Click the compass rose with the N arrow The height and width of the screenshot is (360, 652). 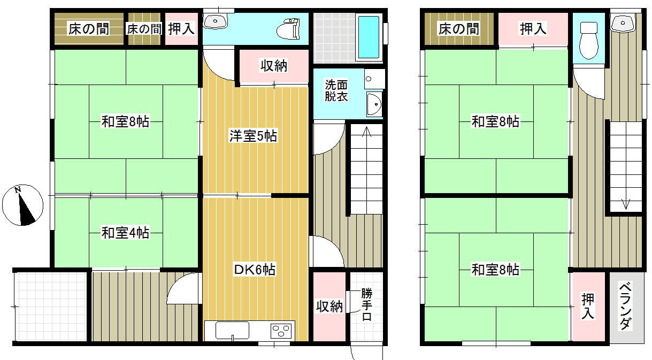pyautogui.click(x=22, y=205)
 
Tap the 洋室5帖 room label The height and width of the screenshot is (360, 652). pyautogui.click(x=253, y=136)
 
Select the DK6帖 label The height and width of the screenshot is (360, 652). pyautogui.click(x=255, y=270)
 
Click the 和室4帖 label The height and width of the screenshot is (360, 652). pyautogui.click(x=125, y=233)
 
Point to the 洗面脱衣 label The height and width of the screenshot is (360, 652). pyautogui.click(x=336, y=90)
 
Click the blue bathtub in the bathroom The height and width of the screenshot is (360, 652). pyautogui.click(x=369, y=37)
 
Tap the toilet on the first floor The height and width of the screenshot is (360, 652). pyautogui.click(x=288, y=28)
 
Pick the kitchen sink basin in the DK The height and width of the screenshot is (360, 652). pyautogui.click(x=232, y=331)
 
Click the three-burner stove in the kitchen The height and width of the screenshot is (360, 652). pyautogui.click(x=281, y=331)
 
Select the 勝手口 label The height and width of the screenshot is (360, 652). pyautogui.click(x=367, y=304)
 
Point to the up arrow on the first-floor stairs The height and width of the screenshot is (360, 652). pyautogui.click(x=366, y=132)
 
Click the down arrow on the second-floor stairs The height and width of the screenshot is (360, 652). pyautogui.click(x=626, y=204)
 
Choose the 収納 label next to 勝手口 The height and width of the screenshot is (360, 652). pyautogui.click(x=329, y=307)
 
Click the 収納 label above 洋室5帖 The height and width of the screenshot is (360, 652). pyautogui.click(x=274, y=66)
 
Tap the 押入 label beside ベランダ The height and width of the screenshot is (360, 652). pyautogui.click(x=587, y=306)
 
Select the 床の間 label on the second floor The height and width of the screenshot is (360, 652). pyautogui.click(x=459, y=29)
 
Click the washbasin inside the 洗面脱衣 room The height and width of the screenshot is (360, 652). pyautogui.click(x=374, y=104)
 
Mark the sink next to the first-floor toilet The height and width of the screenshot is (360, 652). pyautogui.click(x=215, y=21)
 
